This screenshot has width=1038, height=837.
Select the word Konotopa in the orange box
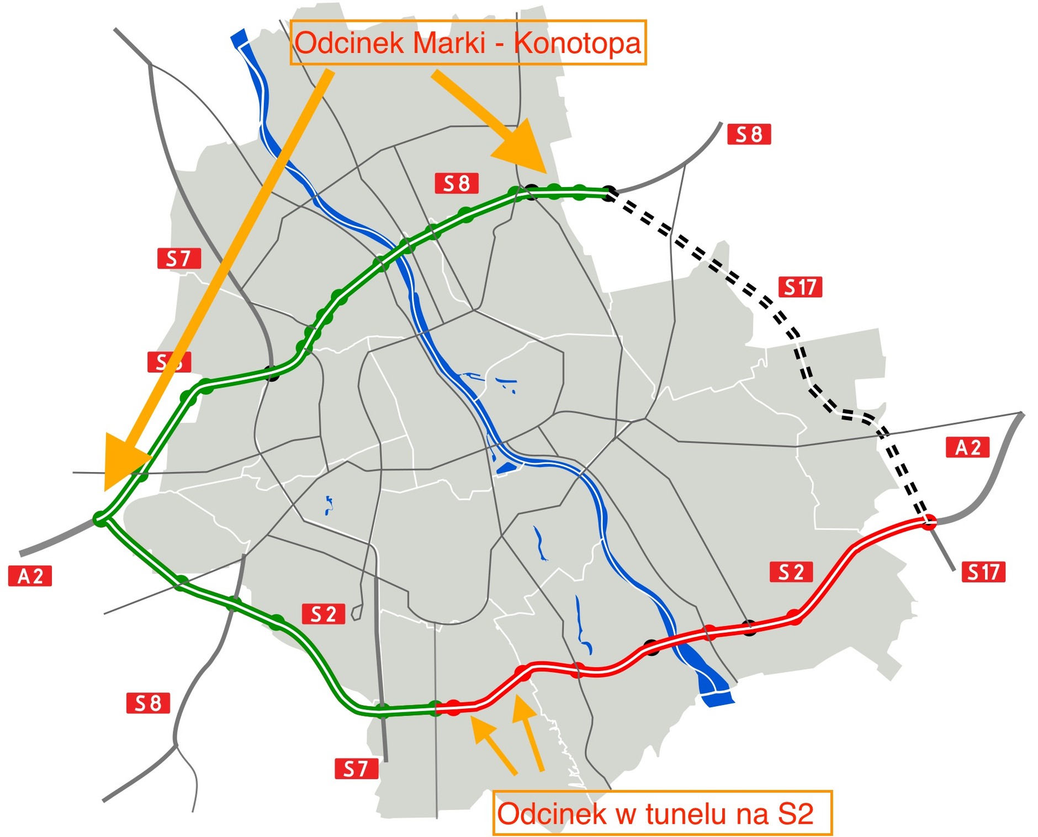coord(577,43)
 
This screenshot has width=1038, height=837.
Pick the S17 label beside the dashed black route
coord(800,287)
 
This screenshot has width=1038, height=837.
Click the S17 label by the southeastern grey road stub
coord(983,572)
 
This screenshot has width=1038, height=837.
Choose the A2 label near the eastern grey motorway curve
coord(968,447)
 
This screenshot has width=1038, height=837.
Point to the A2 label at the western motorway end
coord(30,576)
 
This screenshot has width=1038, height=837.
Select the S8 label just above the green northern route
coord(457,183)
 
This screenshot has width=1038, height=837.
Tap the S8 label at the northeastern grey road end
coord(749,134)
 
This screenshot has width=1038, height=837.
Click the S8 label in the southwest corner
coord(148,703)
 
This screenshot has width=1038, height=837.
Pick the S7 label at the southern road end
coord(356,768)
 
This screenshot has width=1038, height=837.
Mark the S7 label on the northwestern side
coord(179,258)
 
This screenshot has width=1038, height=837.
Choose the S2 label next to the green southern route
coord(324,614)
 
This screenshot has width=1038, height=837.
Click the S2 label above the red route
coord(791,572)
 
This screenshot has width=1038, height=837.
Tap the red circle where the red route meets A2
coord(929,521)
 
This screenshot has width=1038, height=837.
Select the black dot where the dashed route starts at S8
coord(608,193)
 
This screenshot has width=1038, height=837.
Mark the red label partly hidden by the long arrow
coord(169,362)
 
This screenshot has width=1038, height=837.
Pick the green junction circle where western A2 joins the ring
coord(100,519)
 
